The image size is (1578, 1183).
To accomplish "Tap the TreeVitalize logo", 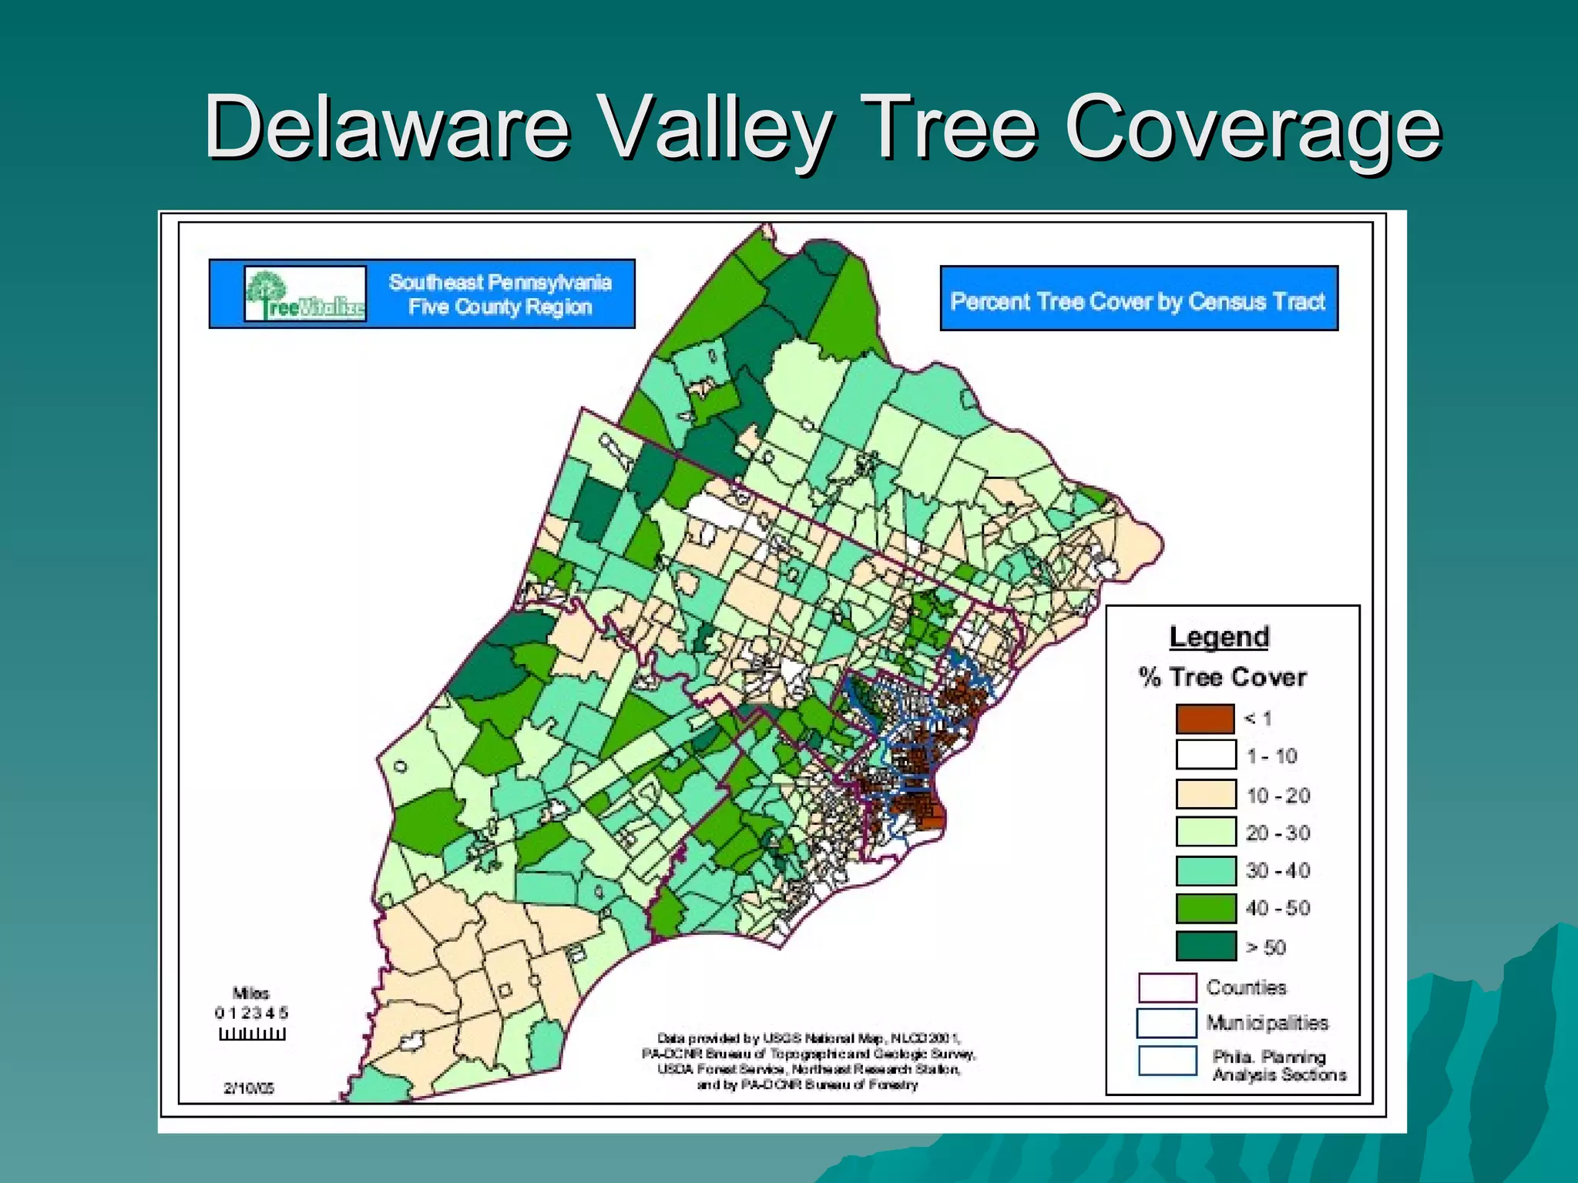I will point(305,294).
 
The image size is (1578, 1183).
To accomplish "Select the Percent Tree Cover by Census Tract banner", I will point(1138,300).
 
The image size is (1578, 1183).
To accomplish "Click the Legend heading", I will point(1219,637).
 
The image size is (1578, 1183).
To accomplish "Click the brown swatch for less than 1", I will point(1205,719).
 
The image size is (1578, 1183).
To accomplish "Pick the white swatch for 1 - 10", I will point(1205,756).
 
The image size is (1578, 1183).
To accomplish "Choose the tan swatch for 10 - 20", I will point(1205,794).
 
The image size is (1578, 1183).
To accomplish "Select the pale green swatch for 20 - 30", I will point(1205,832).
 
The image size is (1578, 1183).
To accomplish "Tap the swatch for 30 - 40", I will point(1205,870).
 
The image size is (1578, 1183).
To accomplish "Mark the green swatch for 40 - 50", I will point(1205,908).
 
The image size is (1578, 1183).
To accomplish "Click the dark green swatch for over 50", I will point(1205,947).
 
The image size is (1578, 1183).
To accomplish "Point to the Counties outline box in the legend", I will point(1167,987).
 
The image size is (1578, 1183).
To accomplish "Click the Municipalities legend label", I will point(1267,1023).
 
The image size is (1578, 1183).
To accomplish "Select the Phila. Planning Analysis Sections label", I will point(1279,1066).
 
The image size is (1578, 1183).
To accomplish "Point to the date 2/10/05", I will point(249,1088).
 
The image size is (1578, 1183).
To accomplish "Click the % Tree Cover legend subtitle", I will point(1223,677).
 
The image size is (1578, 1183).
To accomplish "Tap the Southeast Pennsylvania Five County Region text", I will point(500,294).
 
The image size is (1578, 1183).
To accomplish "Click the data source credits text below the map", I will point(808,1061).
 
